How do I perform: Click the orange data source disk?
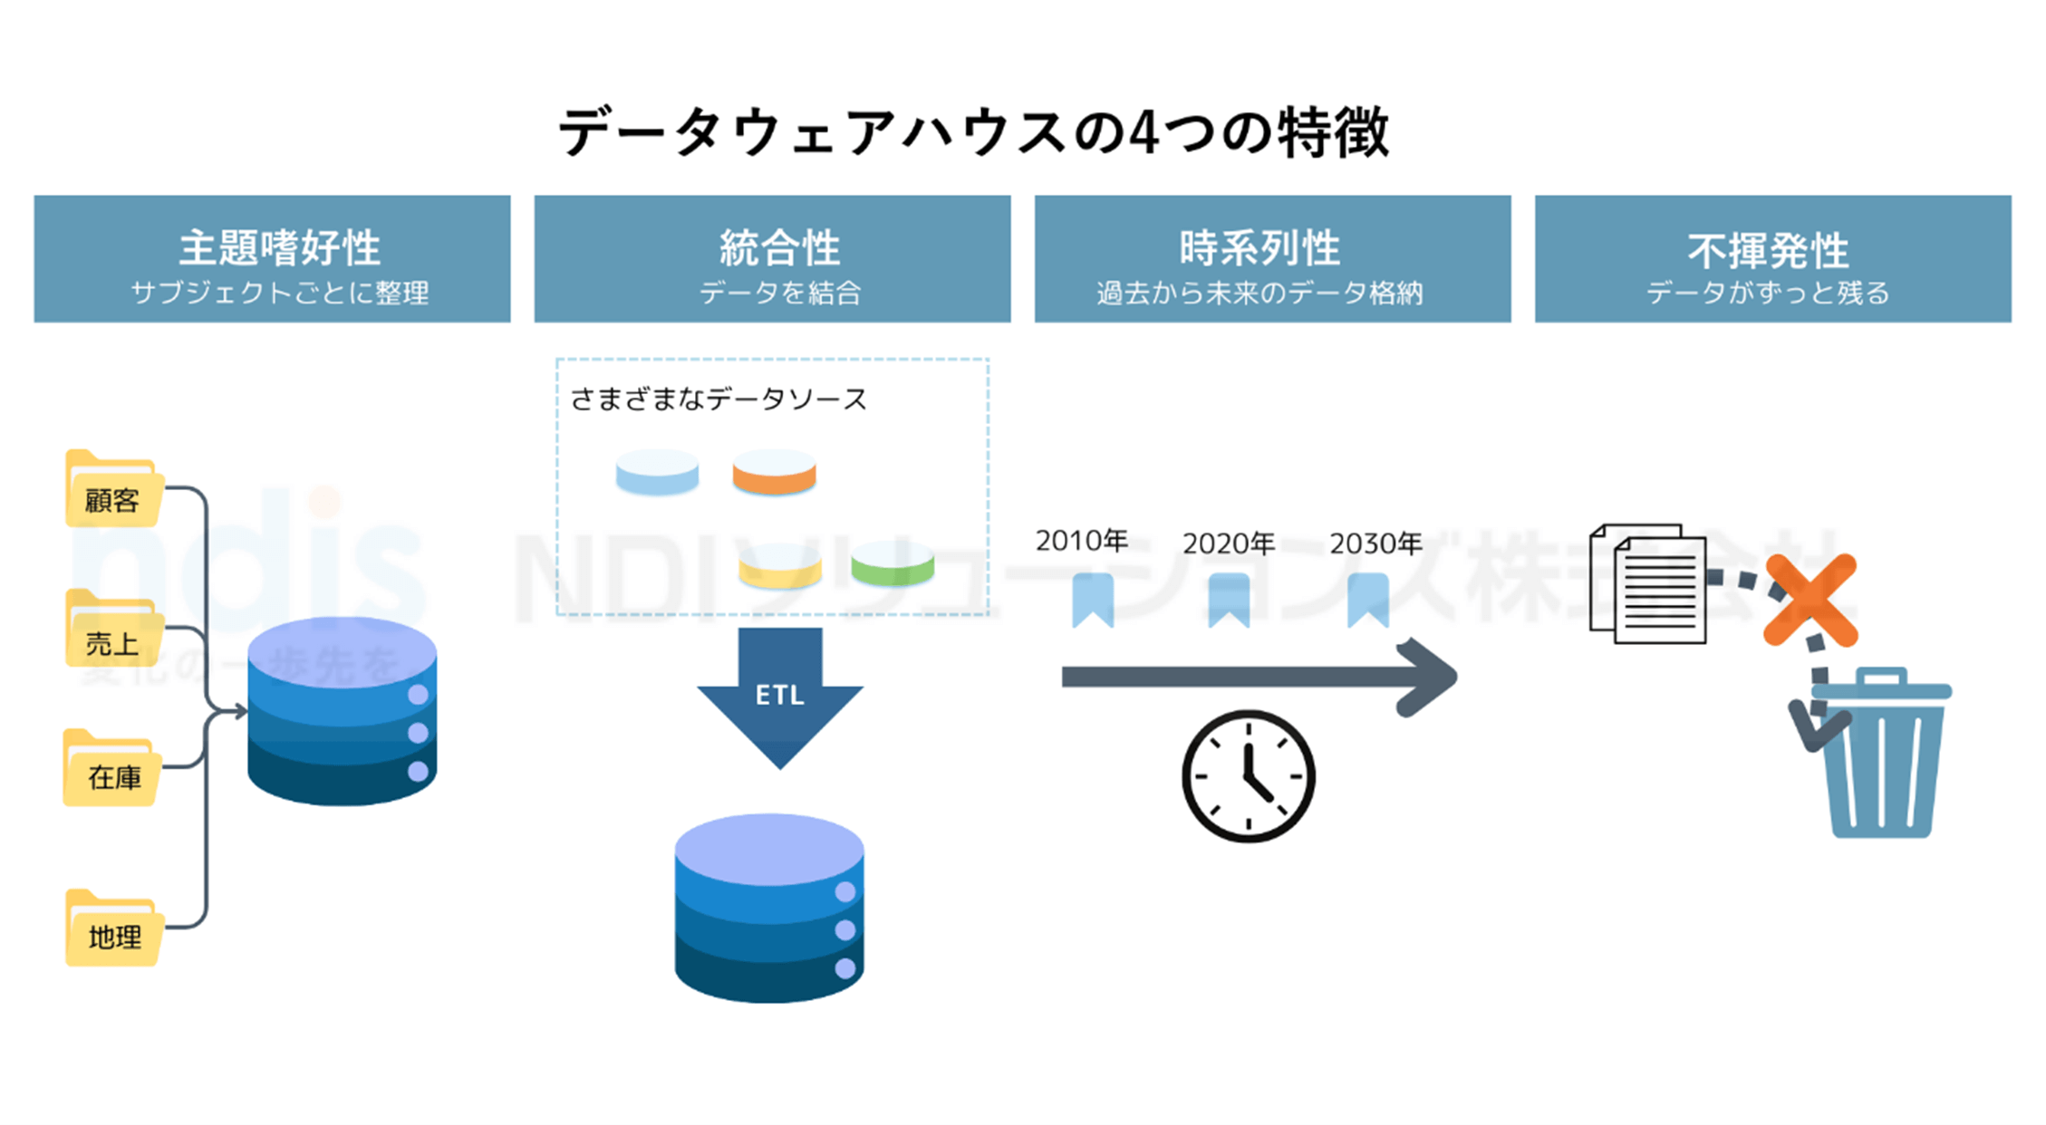pyautogui.click(x=774, y=473)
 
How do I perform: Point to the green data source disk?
pyautogui.click(x=893, y=564)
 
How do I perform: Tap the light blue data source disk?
pyautogui.click(x=657, y=473)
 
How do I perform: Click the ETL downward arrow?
pyautogui.click(x=780, y=694)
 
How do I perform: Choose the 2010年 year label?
pyautogui.click(x=1081, y=542)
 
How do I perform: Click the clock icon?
pyautogui.click(x=1249, y=776)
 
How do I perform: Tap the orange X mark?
pyautogui.click(x=1810, y=601)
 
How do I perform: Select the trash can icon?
pyautogui.click(x=1881, y=756)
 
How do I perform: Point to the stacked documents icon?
pyautogui.click(x=1648, y=584)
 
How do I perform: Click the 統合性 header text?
pyautogui.click(x=779, y=248)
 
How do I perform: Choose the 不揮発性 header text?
pyautogui.click(x=1768, y=251)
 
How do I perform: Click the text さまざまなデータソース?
pyautogui.click(x=719, y=399)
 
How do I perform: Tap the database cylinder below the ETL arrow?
pyautogui.click(x=769, y=908)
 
